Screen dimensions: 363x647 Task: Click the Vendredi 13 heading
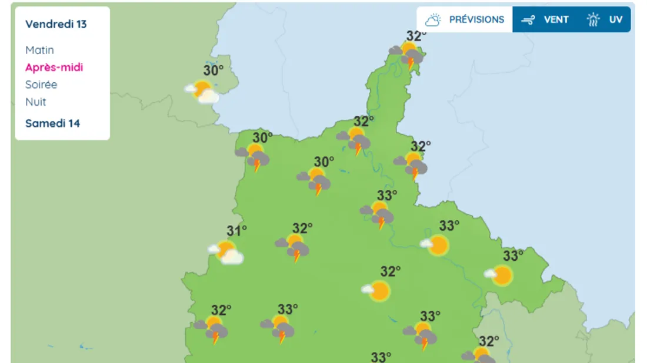[x=56, y=24]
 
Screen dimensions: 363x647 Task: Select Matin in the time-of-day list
[x=39, y=50]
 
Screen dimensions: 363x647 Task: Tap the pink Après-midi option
[x=54, y=67]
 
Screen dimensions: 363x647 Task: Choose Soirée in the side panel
[x=41, y=85]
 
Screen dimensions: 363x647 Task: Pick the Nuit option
[x=35, y=102]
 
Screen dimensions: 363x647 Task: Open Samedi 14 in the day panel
[x=52, y=123]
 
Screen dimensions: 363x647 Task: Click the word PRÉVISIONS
[x=476, y=19]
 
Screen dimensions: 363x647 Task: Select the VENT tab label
[x=556, y=19]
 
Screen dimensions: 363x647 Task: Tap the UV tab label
[x=615, y=19]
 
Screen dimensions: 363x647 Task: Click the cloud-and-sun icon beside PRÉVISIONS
[x=433, y=20]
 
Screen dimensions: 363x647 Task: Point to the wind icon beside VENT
[x=528, y=20]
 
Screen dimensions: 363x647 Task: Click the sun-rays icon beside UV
[x=593, y=20]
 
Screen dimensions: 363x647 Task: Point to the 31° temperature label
[x=237, y=231]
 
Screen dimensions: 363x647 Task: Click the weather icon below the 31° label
[x=226, y=251]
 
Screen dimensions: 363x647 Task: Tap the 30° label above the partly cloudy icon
[x=214, y=70]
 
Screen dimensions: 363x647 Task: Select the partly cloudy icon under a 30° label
[x=202, y=92]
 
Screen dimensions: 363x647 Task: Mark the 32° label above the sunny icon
[x=390, y=271]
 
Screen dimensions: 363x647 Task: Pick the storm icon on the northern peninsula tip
[x=409, y=55]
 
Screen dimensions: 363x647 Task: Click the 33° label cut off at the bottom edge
[x=381, y=357]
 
